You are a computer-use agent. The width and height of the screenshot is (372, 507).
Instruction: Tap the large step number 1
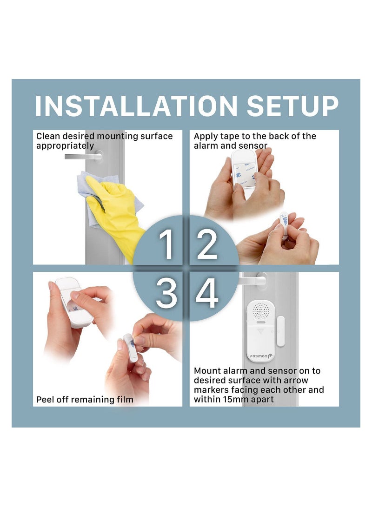click(x=166, y=244)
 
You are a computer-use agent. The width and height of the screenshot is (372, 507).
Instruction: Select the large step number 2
click(x=207, y=244)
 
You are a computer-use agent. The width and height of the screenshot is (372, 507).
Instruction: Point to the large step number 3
click(x=166, y=293)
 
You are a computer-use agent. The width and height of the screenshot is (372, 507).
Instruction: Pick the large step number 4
click(x=207, y=293)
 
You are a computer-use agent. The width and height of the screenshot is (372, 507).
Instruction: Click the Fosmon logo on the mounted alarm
click(x=261, y=356)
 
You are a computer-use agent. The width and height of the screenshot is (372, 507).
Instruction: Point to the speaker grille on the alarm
click(x=261, y=311)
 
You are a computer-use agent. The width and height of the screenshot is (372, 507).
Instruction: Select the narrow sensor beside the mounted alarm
click(x=280, y=331)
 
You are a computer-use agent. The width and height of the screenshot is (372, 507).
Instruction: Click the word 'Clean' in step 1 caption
click(x=48, y=136)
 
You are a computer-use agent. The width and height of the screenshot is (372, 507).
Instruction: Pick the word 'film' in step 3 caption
click(x=125, y=400)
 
